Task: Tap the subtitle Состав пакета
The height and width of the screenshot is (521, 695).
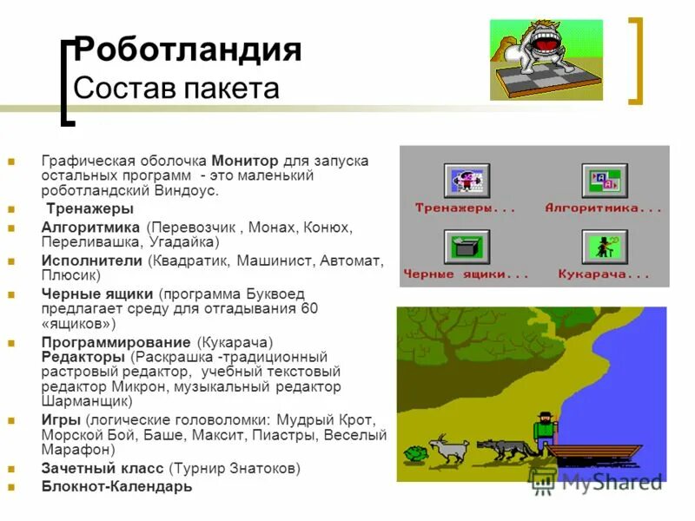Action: (x=176, y=89)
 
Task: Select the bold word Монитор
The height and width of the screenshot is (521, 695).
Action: (x=244, y=162)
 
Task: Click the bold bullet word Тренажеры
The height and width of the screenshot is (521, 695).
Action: (x=90, y=208)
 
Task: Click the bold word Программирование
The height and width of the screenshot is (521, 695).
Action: (x=117, y=342)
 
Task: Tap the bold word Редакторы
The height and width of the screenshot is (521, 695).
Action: (x=85, y=357)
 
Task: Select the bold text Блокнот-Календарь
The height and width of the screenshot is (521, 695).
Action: (x=117, y=486)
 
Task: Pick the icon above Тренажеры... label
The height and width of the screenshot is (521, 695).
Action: (x=467, y=181)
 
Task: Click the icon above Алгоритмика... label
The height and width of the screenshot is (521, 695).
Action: (x=604, y=181)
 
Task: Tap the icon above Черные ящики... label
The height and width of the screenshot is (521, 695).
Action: (x=467, y=247)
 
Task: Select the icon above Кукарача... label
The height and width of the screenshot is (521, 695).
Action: (x=604, y=247)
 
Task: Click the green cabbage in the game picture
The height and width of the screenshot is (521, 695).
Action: (x=416, y=454)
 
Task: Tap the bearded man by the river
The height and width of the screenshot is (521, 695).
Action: (x=545, y=431)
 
